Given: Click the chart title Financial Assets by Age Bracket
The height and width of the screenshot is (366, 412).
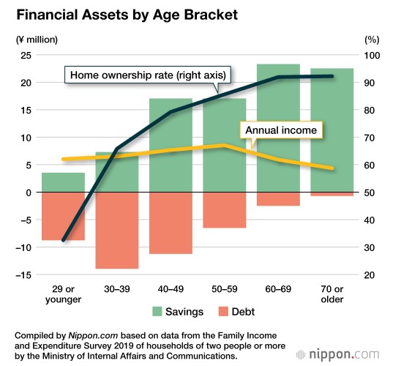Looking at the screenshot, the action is click(x=127, y=15).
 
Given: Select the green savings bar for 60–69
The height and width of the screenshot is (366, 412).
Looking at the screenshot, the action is click(x=278, y=128).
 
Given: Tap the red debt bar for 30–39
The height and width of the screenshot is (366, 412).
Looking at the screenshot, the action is click(x=117, y=231).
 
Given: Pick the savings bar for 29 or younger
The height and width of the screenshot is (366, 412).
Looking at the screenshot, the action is click(x=64, y=182).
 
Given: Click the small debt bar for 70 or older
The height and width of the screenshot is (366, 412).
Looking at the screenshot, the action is click(x=332, y=194).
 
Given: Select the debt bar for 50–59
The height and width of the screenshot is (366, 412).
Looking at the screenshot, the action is click(x=225, y=210).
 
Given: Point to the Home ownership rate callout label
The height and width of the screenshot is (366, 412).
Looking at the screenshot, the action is click(x=148, y=75).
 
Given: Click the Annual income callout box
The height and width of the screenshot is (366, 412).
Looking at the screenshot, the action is click(x=281, y=130).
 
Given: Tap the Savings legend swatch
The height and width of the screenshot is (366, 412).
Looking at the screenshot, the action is click(x=157, y=312).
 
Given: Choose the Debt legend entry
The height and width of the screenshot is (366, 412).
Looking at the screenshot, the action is click(x=236, y=312).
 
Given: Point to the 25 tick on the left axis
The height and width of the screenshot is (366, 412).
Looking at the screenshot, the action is click(x=26, y=56).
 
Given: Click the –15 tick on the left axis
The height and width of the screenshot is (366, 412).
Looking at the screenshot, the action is click(x=23, y=275).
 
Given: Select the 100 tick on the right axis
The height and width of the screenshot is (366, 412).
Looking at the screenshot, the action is click(x=372, y=56).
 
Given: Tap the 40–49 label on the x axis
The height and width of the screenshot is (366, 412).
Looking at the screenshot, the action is click(x=171, y=289).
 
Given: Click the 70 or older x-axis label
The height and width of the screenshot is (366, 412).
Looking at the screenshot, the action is click(x=332, y=294).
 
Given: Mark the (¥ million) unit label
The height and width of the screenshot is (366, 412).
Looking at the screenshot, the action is click(x=37, y=40).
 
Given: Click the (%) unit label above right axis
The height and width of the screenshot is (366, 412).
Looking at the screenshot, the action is click(x=372, y=40).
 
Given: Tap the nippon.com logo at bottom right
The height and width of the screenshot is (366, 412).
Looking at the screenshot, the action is click(x=337, y=354).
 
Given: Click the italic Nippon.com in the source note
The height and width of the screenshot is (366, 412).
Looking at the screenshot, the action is click(x=93, y=335).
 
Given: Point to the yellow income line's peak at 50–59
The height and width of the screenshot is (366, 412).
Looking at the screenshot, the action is click(x=225, y=145).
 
